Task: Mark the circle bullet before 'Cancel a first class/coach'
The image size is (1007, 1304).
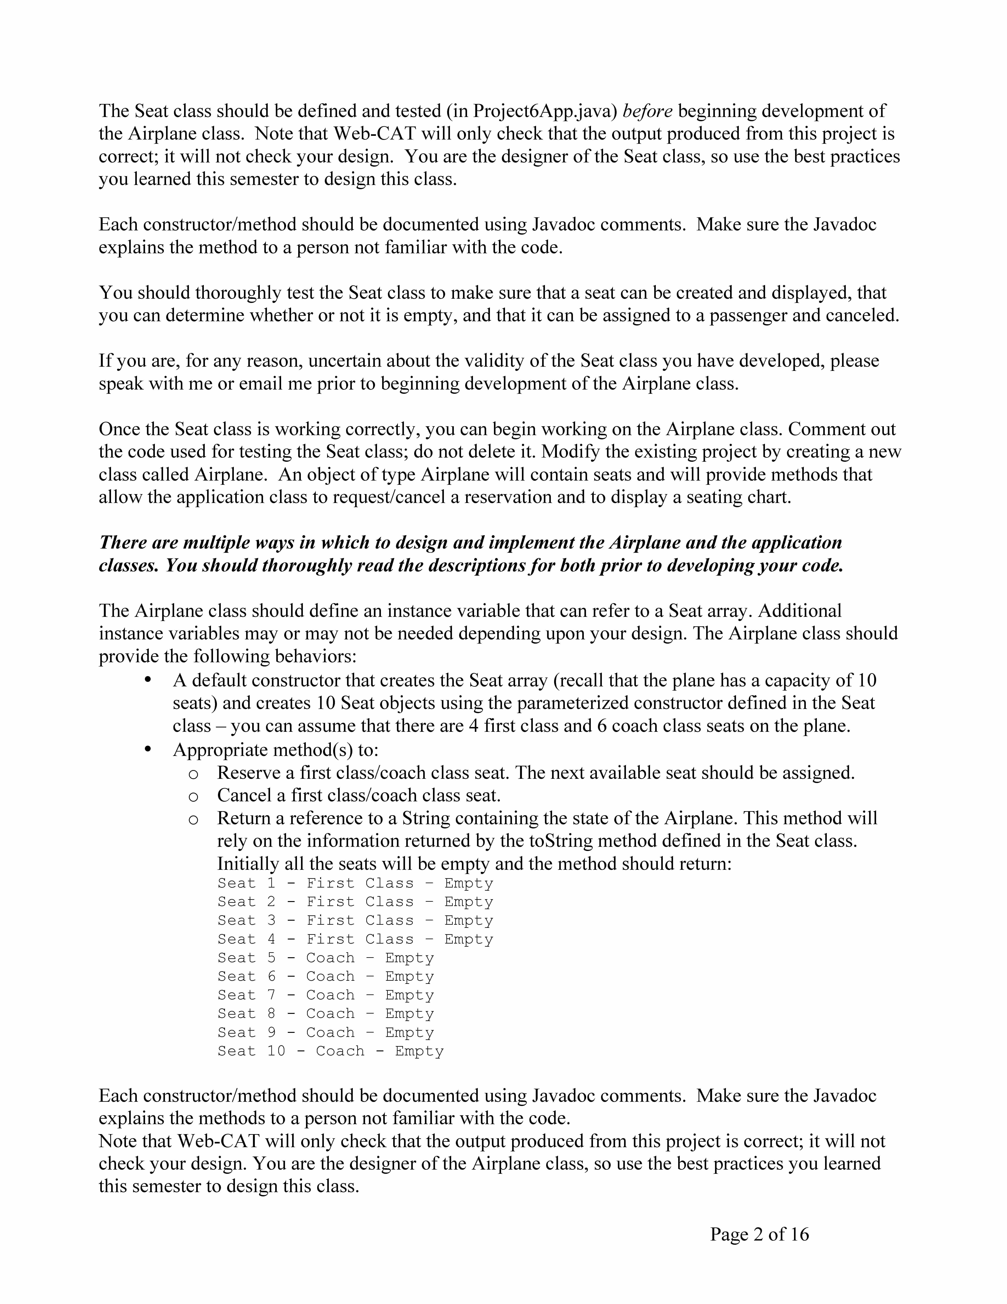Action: point(193,797)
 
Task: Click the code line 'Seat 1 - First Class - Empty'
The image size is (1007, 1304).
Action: point(355,883)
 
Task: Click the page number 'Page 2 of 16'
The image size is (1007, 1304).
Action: point(759,1234)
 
